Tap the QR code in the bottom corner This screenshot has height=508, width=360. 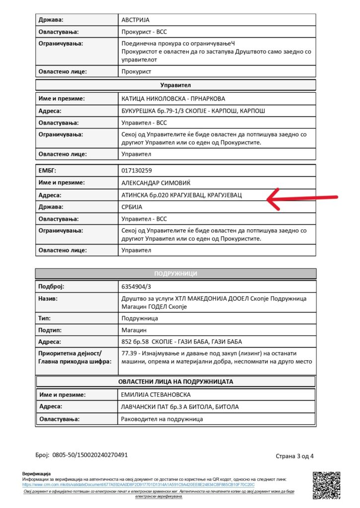(x=326, y=485)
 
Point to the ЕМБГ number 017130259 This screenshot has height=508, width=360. (x=138, y=171)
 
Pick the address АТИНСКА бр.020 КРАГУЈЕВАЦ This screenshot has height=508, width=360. (x=182, y=195)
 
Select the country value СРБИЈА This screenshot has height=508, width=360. (x=132, y=207)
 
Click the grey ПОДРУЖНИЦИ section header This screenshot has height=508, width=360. (x=176, y=273)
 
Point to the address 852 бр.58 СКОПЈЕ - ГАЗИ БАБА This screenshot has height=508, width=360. (x=182, y=342)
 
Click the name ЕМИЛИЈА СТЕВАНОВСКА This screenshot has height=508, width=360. (x=162, y=395)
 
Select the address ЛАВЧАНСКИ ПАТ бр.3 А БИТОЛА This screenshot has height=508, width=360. (x=180, y=407)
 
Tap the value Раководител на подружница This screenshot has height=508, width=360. (x=162, y=419)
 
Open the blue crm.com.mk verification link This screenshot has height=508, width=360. (x=139, y=484)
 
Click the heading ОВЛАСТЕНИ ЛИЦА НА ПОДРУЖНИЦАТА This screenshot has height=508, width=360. (x=176, y=381)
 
